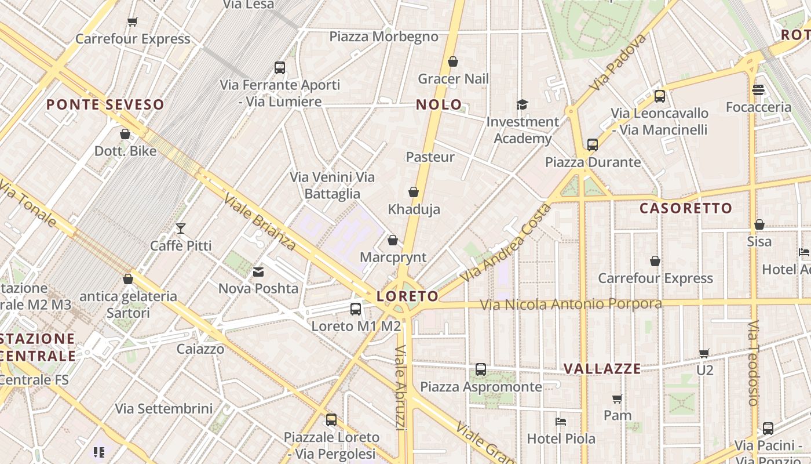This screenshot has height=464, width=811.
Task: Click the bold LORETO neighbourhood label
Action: point(407,296)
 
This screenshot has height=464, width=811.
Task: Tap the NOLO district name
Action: point(439,105)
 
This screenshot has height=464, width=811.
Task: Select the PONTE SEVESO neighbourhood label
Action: point(105,105)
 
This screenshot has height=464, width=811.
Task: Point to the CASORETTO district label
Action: point(686,208)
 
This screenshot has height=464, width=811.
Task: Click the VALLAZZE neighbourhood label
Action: point(602,369)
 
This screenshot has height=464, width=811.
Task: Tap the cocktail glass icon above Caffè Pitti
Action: point(181,229)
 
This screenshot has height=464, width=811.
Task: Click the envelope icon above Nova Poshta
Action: point(258,271)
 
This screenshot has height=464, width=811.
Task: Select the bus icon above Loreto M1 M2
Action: point(356,309)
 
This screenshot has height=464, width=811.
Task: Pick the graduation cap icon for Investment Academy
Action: point(523,105)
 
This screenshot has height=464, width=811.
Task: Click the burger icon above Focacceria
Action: point(758,90)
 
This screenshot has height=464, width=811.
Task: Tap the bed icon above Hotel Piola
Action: point(561,422)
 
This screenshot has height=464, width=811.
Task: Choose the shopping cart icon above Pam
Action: point(618,398)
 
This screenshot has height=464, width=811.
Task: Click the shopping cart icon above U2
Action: point(704,353)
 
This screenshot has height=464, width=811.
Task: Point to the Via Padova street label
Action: point(618,62)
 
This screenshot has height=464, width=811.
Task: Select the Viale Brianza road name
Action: point(260,222)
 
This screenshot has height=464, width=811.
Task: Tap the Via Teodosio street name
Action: point(753,362)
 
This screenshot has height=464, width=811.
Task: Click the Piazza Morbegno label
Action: point(383,37)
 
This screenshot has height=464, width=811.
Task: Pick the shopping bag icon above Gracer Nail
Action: point(453,61)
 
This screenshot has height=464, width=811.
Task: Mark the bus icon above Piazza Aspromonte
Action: point(481,369)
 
